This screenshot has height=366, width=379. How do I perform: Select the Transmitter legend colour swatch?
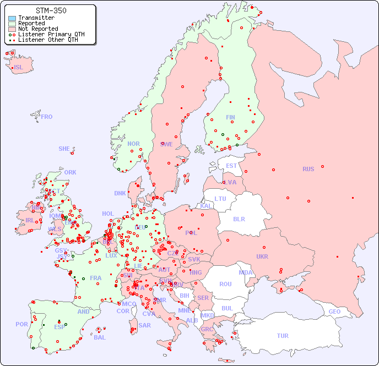point(12,18)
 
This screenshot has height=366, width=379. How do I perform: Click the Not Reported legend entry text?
point(38,29)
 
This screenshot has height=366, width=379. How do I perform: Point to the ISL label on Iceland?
point(19,68)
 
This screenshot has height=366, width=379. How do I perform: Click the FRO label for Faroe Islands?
point(47,117)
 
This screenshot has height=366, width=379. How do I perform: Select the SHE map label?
point(64,149)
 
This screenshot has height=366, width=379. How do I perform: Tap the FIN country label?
point(230,117)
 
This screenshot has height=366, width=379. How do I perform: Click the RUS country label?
point(308,169)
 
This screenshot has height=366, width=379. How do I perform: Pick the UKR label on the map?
point(262,256)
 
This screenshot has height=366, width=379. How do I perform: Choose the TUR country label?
point(283,336)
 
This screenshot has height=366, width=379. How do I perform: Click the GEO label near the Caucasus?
point(334,312)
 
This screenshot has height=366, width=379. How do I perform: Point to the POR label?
point(21,324)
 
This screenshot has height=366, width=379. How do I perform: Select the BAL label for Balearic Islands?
point(100,337)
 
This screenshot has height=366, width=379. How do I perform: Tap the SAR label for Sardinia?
point(145,325)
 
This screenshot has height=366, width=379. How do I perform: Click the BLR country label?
point(239,218)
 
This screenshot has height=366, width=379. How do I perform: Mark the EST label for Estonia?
point(231,166)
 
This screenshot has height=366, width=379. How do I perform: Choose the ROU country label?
point(225,284)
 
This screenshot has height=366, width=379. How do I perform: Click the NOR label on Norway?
point(133,144)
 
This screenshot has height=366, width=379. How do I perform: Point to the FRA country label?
point(96,278)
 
